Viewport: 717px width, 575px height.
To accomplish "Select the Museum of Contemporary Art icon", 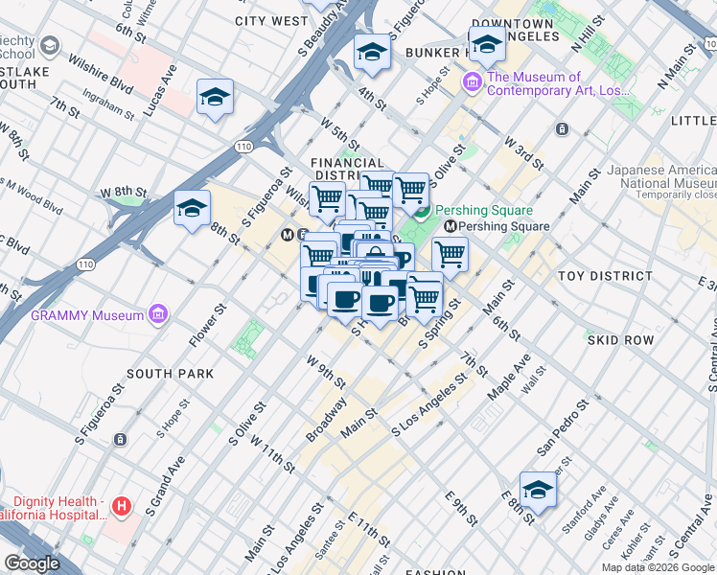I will point(472,83).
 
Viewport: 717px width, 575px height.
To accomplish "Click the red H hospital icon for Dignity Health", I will point(121,505).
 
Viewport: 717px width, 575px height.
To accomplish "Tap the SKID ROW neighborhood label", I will point(620,340).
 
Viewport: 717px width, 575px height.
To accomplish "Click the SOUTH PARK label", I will point(161,373).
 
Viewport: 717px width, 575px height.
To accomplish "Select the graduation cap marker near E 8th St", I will point(539,491).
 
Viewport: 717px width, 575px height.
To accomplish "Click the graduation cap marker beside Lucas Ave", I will point(216,98).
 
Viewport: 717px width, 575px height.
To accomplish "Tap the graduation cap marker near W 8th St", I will point(192,209).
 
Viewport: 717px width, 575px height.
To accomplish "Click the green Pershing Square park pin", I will point(423,210).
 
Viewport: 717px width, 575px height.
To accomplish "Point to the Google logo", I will point(32,563).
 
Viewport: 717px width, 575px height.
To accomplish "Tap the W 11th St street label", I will point(272,452).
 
